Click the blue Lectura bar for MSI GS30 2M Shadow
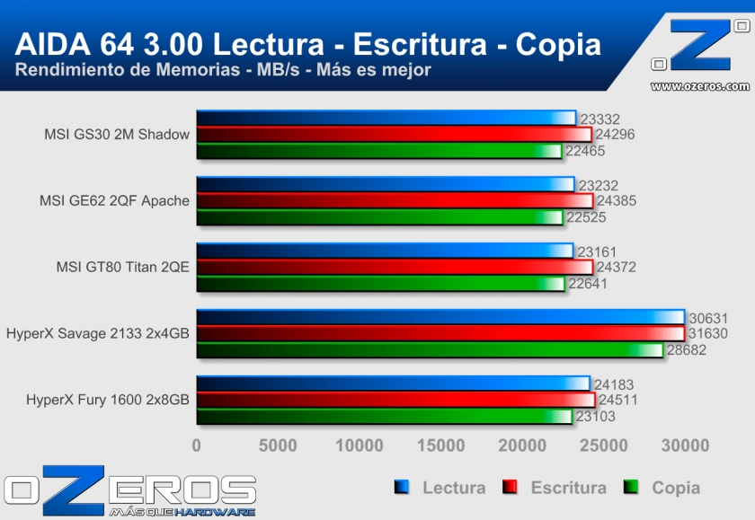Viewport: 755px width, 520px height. pyautogui.click(x=385, y=118)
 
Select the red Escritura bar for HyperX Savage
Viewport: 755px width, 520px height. pyautogui.click(x=440, y=333)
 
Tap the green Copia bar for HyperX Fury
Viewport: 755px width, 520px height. pyautogui.click(x=384, y=416)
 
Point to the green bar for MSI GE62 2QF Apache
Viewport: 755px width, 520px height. pyautogui.click(x=378, y=217)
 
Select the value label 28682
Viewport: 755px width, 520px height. pyautogui.click(x=687, y=350)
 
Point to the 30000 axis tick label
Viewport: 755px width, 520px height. pyautogui.click(x=684, y=445)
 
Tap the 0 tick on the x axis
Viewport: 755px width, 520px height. pyautogui.click(x=197, y=445)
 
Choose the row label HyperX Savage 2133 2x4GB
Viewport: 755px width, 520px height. pyautogui.click(x=97, y=333)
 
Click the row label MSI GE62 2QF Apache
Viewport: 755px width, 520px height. pyautogui.click(x=114, y=200)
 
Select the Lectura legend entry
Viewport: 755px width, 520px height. pyautogui.click(x=453, y=488)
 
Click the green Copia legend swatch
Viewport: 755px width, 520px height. pyautogui.click(x=631, y=488)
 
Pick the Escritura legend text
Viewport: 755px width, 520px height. pyautogui.click(x=568, y=488)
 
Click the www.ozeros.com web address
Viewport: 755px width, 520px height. pyautogui.click(x=699, y=86)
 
